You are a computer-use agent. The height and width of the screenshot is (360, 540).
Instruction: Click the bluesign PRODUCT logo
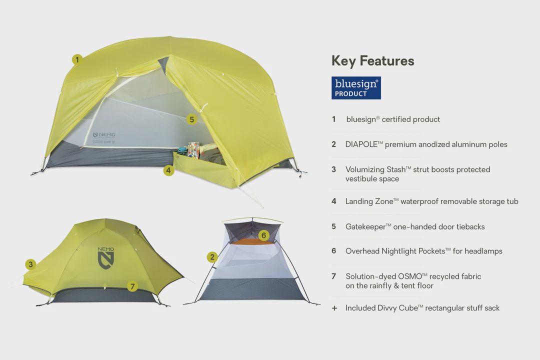point(356,87)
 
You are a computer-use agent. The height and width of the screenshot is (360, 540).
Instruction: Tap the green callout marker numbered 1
point(76,59)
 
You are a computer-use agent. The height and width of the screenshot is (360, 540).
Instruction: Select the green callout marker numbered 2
point(212,257)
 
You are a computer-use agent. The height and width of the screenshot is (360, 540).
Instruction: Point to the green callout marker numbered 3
point(31,264)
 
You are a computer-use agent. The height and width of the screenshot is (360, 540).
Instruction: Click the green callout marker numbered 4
point(168,170)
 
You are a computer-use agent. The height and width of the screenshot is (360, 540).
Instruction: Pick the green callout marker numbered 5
point(191,119)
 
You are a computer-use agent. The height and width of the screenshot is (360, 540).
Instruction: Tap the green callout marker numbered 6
point(264,235)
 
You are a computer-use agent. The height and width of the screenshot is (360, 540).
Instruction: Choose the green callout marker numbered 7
point(132,286)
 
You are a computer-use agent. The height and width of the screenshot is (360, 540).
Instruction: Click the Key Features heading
point(372,61)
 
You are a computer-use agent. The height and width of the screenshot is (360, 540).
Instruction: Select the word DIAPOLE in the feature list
point(362,144)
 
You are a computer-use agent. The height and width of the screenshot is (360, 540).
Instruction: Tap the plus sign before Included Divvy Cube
point(334,308)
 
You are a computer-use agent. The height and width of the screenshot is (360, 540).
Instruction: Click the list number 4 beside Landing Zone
point(334,201)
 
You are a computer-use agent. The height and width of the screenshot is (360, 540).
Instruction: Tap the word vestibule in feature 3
point(362,179)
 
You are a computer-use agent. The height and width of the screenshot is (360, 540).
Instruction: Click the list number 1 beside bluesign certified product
point(334,119)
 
